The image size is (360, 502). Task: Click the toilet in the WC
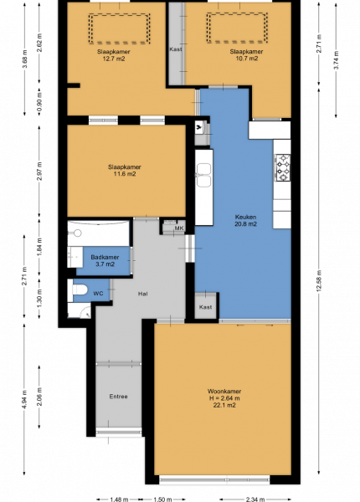[79, 290]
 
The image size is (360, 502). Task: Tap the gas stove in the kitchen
[282, 167]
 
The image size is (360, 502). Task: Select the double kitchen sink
[204, 175]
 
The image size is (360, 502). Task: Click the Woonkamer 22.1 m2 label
[224, 398]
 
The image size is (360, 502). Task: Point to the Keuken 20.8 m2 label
[245, 221]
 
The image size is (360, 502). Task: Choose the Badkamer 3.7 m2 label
[105, 260]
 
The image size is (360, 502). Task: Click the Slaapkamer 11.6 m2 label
[124, 171]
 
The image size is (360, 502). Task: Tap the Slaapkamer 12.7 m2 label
[114, 55]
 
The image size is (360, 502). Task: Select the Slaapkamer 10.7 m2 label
[246, 54]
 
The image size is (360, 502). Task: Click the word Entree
[119, 397]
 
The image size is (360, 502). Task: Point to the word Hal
[143, 294]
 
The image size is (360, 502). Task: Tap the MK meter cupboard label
[179, 228]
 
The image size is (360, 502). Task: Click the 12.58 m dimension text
[319, 281]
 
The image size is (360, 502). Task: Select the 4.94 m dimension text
[24, 400]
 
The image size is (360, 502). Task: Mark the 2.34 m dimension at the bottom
[255, 499]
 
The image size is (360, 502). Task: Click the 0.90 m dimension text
[39, 102]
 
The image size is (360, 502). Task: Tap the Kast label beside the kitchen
[205, 307]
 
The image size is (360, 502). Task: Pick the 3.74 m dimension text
[336, 60]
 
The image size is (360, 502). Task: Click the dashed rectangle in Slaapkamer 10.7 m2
[237, 28]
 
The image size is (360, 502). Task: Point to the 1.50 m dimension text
[162, 499]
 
